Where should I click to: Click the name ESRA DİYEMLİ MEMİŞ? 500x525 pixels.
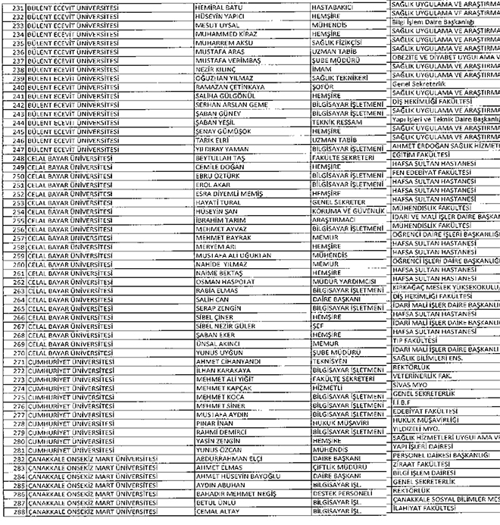229,193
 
